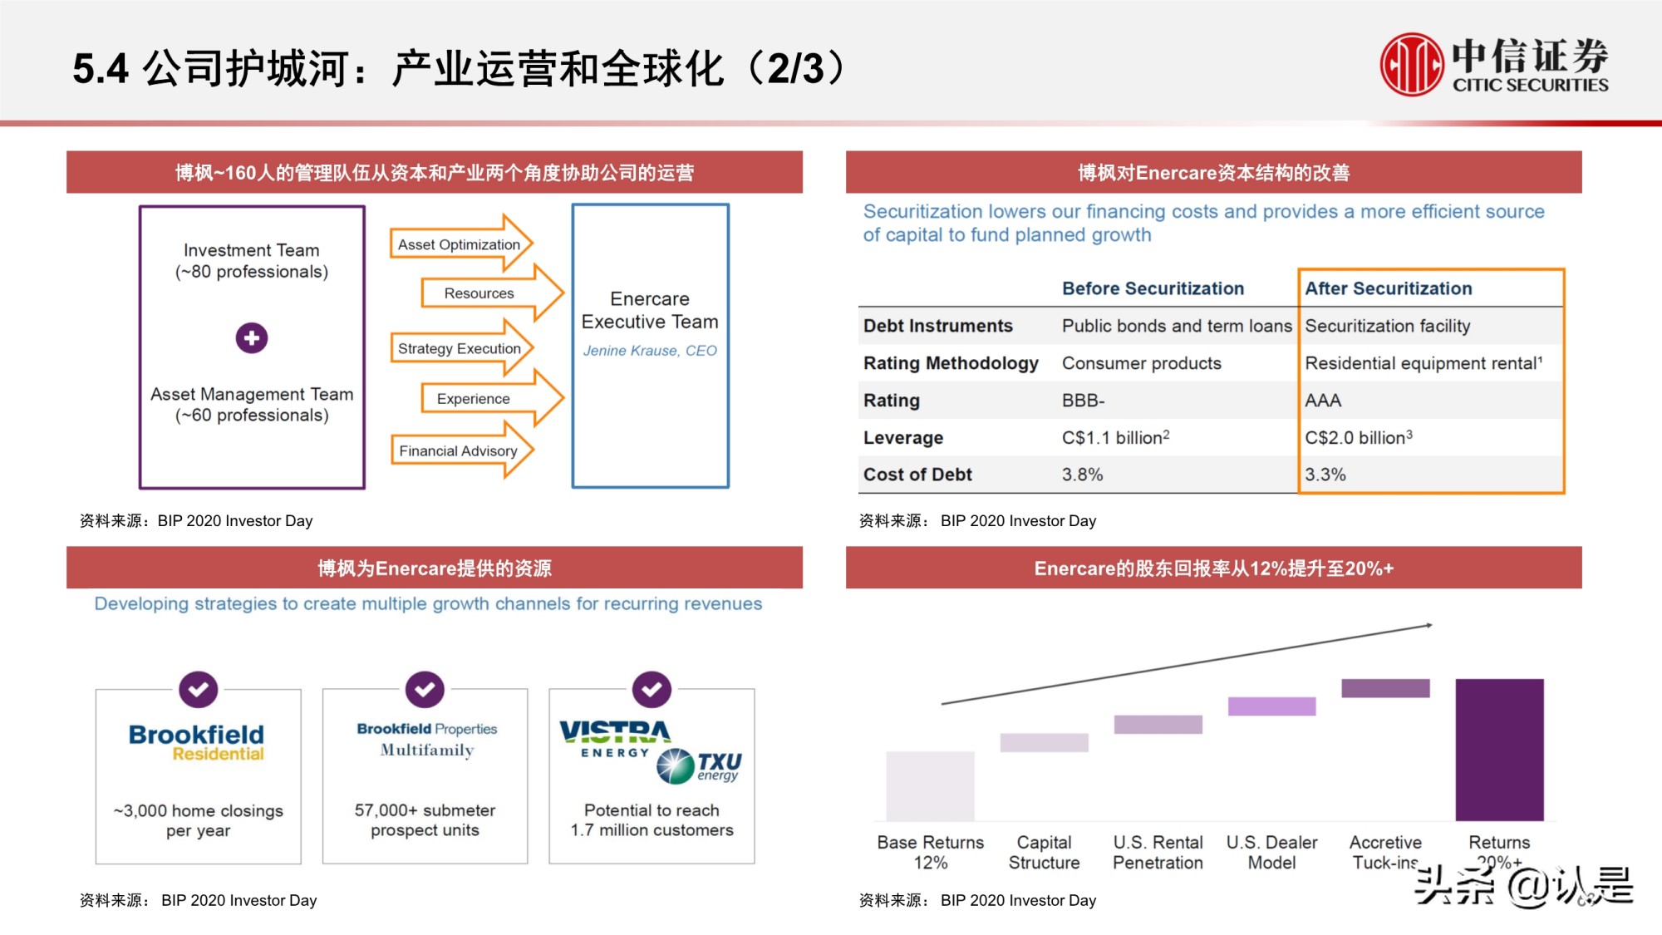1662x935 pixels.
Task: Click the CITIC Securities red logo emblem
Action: pos(1411,64)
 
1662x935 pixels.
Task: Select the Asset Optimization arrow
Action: pos(460,244)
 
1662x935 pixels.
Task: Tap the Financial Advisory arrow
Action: pos(460,450)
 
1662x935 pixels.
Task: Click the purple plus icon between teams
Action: pos(252,338)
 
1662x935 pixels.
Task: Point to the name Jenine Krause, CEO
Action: pos(650,351)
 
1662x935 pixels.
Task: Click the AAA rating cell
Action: pos(1323,401)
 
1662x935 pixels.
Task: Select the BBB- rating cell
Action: pos(1083,401)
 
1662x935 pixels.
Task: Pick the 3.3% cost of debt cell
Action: pos(1325,475)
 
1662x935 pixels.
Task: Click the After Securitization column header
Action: pos(1388,288)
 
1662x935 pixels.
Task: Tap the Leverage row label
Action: pos(903,438)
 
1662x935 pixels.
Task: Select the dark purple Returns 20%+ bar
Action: pos(1499,749)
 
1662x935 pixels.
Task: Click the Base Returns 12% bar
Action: pos(930,785)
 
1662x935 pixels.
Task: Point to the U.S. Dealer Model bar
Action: pos(1271,706)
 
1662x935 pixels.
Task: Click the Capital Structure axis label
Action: pos(1044,853)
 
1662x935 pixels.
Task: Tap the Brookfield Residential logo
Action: pos(197,742)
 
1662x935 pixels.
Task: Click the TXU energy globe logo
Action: pos(676,766)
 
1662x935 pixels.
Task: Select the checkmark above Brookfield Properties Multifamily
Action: pos(425,690)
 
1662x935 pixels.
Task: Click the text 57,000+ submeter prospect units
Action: pos(425,820)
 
